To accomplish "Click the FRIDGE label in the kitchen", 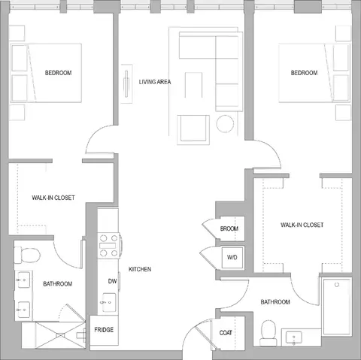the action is coord(104,330).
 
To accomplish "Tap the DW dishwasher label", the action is coord(112,281).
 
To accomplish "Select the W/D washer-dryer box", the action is coord(232,258).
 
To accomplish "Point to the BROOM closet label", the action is coord(229,228).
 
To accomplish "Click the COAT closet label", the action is coord(226,333).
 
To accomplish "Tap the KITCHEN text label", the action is coord(140,269).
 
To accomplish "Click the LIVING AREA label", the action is coord(155,82).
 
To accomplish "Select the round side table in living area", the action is coord(225,124).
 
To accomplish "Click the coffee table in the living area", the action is coord(193,85).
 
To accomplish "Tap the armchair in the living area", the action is coord(193,130).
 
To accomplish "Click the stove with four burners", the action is coord(109,246).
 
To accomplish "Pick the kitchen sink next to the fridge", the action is coord(109,302).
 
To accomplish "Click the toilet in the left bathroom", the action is coord(27,255).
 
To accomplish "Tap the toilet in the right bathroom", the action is coord(268,333).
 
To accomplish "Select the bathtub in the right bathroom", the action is coord(337,307).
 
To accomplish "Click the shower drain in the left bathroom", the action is coord(60,335).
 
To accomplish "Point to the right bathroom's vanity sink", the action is coord(294,337).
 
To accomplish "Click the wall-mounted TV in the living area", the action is coord(126,83).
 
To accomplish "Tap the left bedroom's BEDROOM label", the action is coord(58,73).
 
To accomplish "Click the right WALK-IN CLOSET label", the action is coord(302,225).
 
